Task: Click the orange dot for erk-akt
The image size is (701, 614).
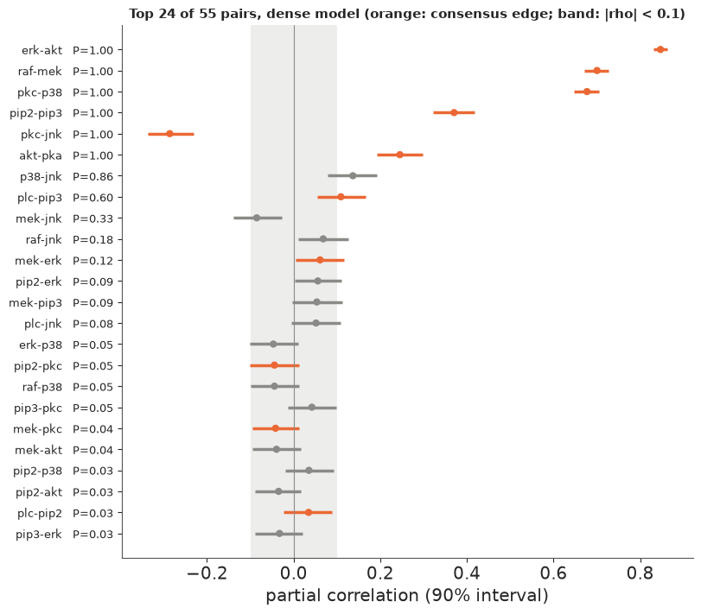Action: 660,49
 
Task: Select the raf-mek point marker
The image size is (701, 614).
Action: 596,71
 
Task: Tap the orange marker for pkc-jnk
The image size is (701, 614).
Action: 170,134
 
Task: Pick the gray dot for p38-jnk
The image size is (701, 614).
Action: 353,176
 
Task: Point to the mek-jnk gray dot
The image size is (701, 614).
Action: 257,218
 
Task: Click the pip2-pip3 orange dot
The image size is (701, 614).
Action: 454,112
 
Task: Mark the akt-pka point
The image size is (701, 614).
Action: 399,155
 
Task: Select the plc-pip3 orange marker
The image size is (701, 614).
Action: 341,197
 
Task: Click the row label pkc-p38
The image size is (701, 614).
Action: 40,92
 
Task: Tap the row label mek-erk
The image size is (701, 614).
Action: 38,261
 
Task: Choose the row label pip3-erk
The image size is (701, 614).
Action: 38,535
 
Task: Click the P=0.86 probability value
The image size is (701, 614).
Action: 93,176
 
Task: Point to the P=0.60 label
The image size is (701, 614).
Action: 93,198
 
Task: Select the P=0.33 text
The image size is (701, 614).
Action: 93,218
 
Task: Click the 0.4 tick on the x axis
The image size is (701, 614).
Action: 467,573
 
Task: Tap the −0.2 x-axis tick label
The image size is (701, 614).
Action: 207,573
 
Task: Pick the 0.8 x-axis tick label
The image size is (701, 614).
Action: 640,573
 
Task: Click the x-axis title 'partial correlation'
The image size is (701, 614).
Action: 342,596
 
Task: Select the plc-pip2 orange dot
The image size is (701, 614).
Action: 309,513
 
